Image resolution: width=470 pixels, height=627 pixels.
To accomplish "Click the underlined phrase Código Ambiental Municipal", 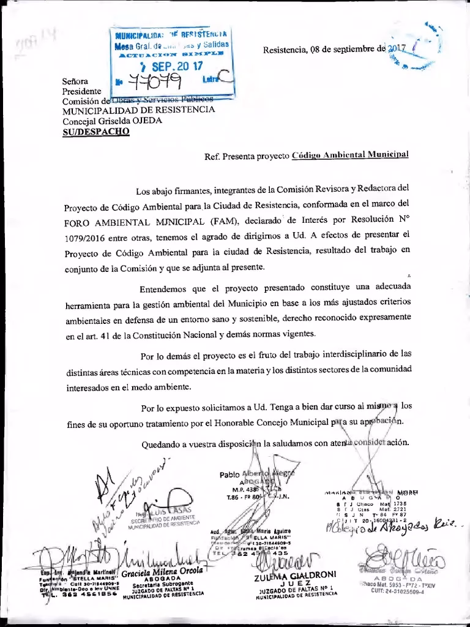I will click(349, 156).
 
